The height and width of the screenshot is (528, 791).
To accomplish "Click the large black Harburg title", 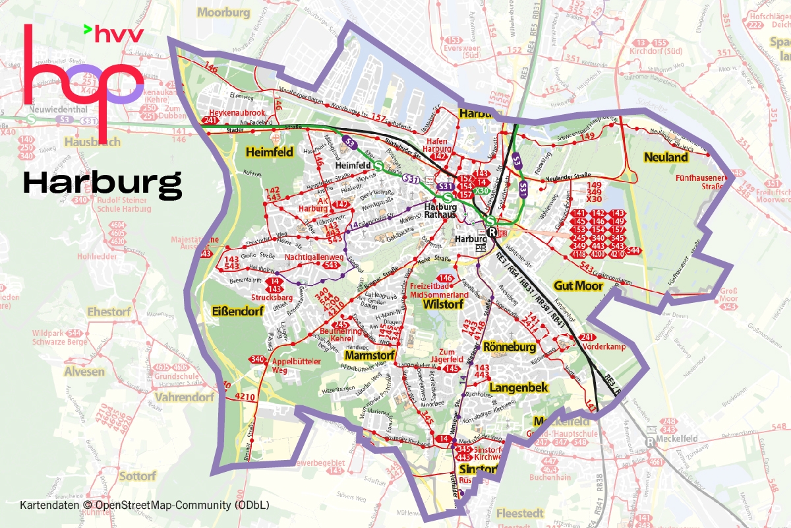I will pos(102,184).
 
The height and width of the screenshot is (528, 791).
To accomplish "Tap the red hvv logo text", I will pos(119,34).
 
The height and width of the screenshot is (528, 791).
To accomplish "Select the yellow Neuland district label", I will pos(666,157).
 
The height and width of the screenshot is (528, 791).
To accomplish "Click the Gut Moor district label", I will pos(578,286).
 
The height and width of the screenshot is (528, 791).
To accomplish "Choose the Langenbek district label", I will pos(519,387).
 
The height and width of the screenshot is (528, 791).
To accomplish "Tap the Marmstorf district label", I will pos(368,356).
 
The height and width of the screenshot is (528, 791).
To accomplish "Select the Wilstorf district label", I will pos(443,304).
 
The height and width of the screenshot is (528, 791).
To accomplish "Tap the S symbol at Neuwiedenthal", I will pos(31,119).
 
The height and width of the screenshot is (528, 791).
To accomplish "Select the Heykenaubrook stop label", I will pos(237,113).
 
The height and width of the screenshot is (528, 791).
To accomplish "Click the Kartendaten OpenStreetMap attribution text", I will pos(144,506).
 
